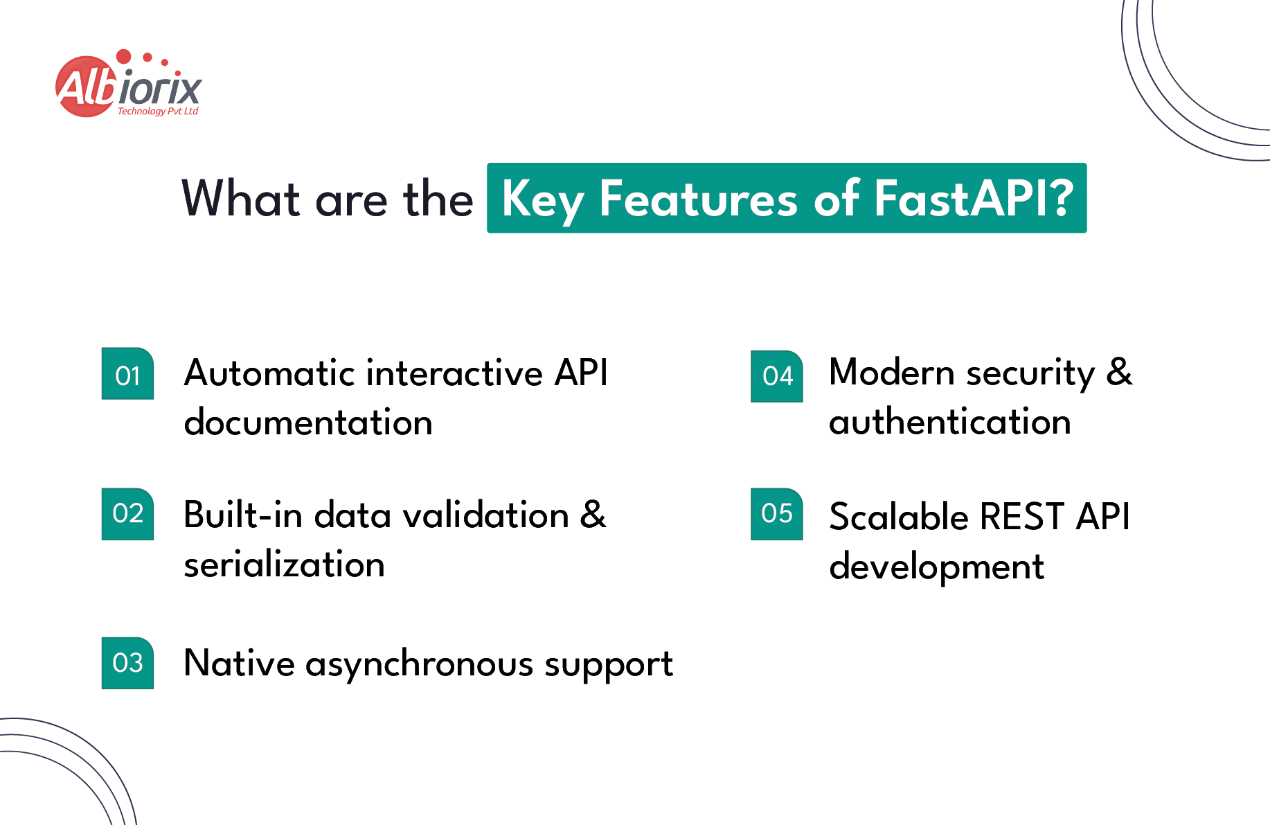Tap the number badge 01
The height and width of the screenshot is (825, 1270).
click(x=127, y=374)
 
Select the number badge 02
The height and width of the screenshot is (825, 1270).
click(x=127, y=514)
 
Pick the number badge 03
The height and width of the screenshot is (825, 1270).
click(x=127, y=663)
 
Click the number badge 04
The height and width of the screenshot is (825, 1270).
click(x=777, y=376)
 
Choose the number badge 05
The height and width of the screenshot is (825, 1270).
click(x=777, y=514)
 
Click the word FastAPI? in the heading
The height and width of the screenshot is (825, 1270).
click(x=974, y=199)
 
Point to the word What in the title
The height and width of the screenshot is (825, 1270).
click(x=240, y=199)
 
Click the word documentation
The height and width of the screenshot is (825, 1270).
click(x=308, y=423)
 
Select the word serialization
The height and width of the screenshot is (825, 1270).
click(x=284, y=565)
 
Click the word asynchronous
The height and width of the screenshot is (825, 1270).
click(x=419, y=665)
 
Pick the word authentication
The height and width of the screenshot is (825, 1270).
click(x=949, y=422)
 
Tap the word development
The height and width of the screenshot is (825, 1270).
click(x=936, y=567)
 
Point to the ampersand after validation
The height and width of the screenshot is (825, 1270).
click(x=593, y=515)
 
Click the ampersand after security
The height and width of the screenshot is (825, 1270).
click(x=1119, y=372)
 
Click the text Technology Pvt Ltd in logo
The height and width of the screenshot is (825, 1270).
click(x=158, y=111)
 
